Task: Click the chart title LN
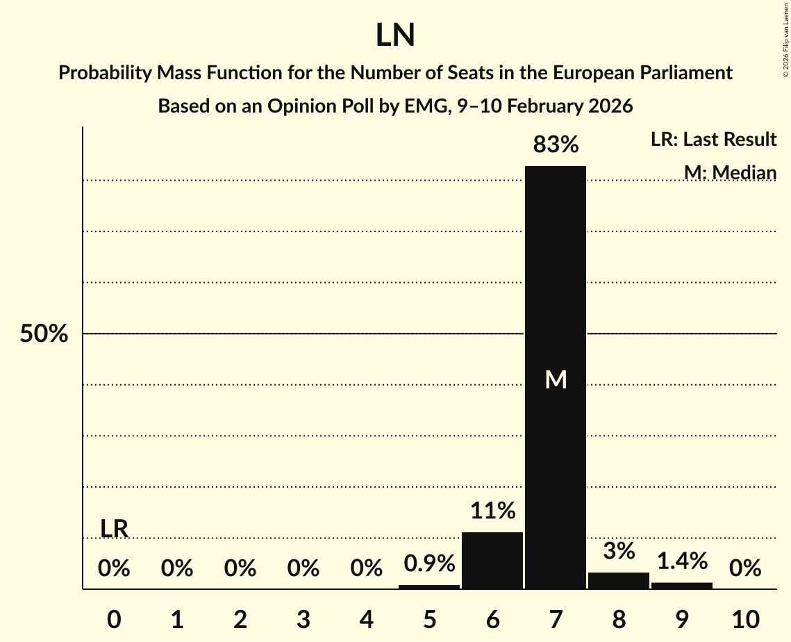click(x=395, y=35)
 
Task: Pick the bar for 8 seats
click(x=619, y=580)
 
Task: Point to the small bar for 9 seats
click(x=682, y=586)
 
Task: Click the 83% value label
click(x=556, y=145)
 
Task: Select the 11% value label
click(x=492, y=511)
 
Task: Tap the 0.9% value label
click(x=429, y=563)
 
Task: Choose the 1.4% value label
click(x=682, y=560)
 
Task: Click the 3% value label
click(x=619, y=551)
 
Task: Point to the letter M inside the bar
click(x=556, y=379)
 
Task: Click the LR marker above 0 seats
click(x=114, y=529)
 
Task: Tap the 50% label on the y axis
click(x=44, y=334)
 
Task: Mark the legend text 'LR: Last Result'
click(x=713, y=140)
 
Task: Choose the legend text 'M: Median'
click(x=730, y=172)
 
